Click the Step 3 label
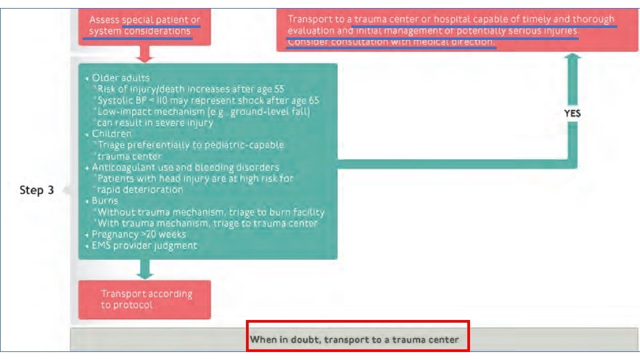click(37, 191)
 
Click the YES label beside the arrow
click(572, 113)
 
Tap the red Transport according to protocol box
click(145, 299)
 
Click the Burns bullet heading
click(105, 201)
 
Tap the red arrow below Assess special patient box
click(144, 53)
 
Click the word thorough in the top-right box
click(592, 19)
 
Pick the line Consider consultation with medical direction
click(391, 42)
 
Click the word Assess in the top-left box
click(104, 20)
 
